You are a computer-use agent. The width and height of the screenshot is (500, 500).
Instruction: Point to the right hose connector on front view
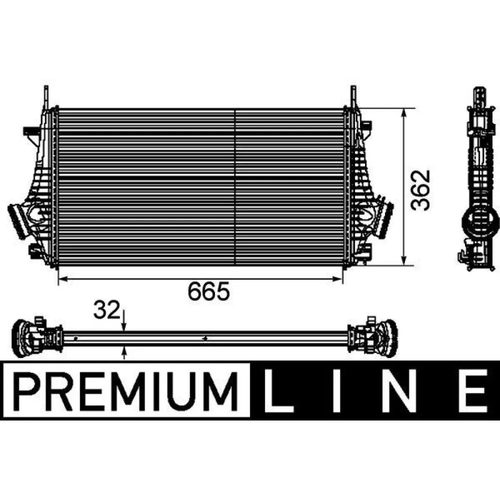[x=386, y=220]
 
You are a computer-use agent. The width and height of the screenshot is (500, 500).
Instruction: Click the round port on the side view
[x=480, y=219]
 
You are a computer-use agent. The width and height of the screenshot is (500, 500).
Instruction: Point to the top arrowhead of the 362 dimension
[x=404, y=112]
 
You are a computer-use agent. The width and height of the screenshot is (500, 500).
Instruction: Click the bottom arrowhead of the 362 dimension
[x=404, y=261]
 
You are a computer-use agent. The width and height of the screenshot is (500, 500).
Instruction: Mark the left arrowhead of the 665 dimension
[x=62, y=279]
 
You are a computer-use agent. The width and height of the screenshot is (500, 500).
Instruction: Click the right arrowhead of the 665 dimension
[x=340, y=279]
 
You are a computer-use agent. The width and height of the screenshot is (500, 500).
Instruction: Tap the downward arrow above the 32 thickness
[x=124, y=325]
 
